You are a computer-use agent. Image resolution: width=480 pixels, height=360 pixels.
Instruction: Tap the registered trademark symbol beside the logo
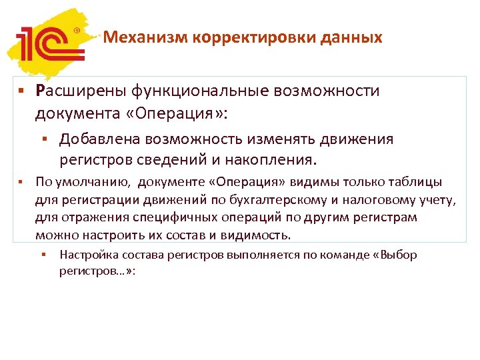(76, 30)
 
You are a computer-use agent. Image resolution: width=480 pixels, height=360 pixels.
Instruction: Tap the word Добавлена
(97, 139)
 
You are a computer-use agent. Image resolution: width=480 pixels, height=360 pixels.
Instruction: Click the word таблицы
(419, 183)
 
